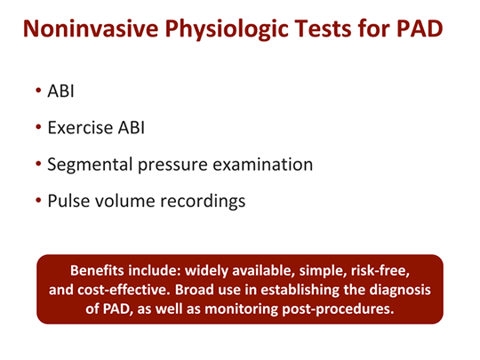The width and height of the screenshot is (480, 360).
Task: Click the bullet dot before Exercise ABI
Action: [x=39, y=128]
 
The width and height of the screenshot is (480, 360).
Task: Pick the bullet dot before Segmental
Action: [x=39, y=164]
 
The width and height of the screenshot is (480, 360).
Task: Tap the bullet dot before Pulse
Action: [x=39, y=201]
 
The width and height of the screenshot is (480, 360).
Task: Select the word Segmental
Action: [x=92, y=164]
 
